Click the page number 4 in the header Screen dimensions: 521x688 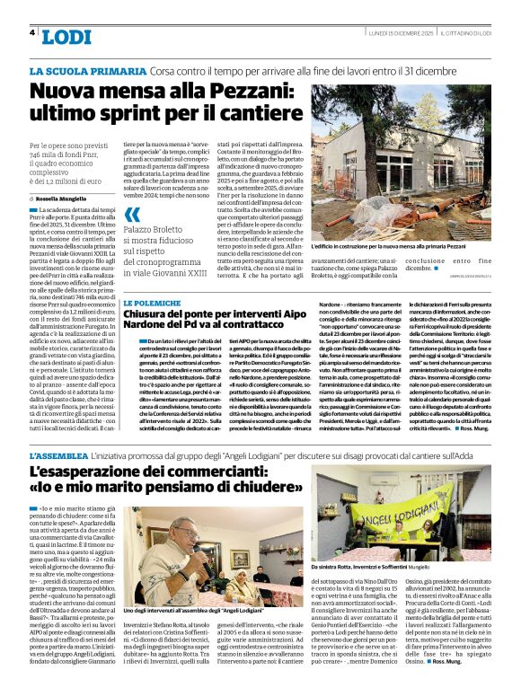(x=32, y=32)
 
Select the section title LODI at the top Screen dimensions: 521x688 (x=66, y=36)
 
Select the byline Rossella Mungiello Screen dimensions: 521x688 (x=67, y=197)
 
